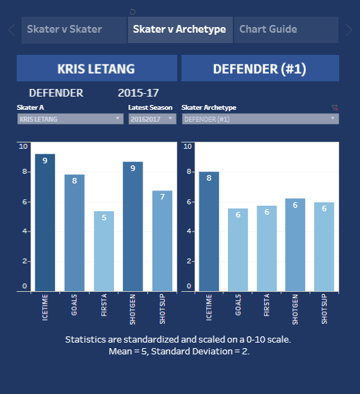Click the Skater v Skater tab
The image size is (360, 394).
click(x=64, y=29)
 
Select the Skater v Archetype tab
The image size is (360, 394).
click(x=179, y=29)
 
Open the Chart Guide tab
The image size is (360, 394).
click(x=268, y=29)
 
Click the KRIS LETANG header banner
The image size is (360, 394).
click(x=97, y=69)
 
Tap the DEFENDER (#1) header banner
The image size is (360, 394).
click(x=260, y=69)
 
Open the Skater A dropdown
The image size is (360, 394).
click(x=69, y=119)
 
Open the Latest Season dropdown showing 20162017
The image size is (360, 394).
click(x=152, y=119)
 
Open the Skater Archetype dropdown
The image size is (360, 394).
click(x=260, y=119)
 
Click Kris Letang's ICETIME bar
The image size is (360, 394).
click(x=44, y=222)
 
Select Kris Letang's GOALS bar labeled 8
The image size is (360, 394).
click(x=74, y=233)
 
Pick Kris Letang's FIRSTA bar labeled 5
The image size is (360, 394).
click(x=104, y=251)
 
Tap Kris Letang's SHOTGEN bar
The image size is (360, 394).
click(x=133, y=227)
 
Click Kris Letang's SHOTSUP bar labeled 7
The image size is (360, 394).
click(x=162, y=240)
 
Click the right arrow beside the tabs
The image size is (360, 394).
click(x=349, y=29)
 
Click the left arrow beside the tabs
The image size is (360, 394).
click(x=11, y=29)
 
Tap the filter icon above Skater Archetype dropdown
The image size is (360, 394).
click(x=334, y=108)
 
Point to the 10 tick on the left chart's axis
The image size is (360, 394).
click(x=24, y=146)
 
